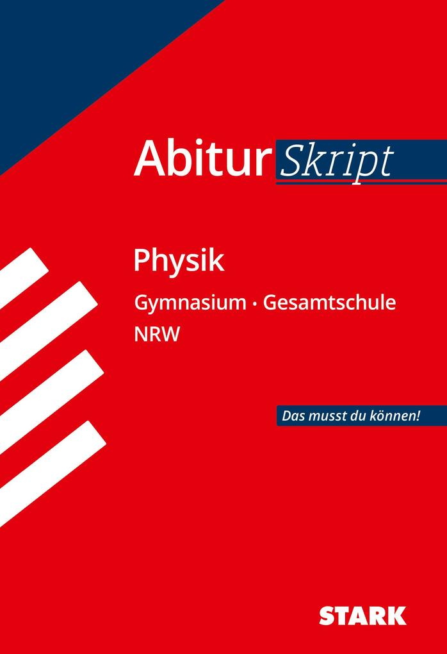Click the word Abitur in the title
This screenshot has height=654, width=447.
coord(200,159)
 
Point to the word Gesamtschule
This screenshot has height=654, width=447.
coord(329,303)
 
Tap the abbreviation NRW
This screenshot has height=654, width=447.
coord(157,335)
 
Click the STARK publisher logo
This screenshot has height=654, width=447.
coord(362,616)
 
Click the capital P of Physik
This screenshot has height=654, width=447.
coord(142,260)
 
